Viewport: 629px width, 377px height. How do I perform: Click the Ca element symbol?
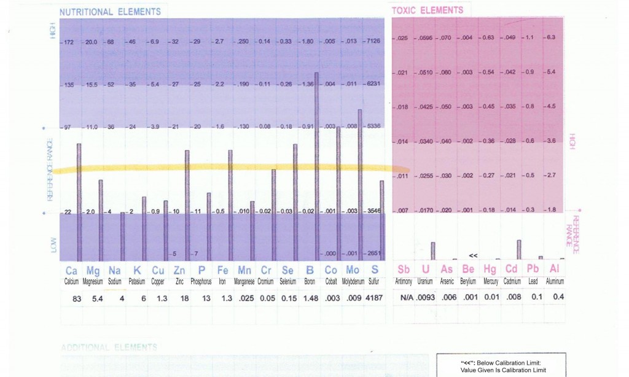point(72,270)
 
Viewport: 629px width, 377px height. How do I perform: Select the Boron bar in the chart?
point(316,166)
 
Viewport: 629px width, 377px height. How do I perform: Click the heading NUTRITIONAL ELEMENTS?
point(110,12)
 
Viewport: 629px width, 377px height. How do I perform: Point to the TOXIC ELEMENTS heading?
point(428,10)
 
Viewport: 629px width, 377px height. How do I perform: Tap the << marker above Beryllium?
point(473,254)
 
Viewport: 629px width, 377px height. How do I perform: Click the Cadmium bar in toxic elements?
point(519,249)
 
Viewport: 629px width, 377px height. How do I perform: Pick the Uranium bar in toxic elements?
point(432,251)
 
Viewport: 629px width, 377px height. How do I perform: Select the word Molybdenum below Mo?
point(354,281)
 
